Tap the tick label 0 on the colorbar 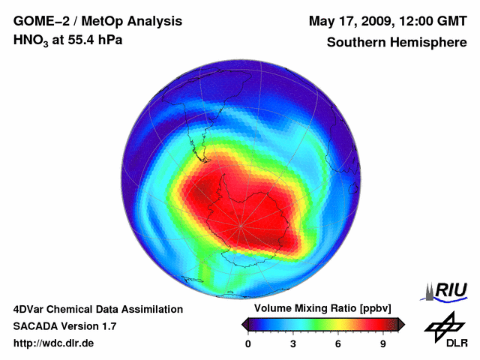point(248,344)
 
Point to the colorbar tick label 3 point(293,344)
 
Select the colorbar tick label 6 point(338,344)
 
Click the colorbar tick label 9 point(383,344)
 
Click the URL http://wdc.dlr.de point(54,344)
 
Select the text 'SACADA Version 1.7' point(64,327)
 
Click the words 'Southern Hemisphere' point(396,43)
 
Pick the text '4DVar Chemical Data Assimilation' point(97,309)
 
